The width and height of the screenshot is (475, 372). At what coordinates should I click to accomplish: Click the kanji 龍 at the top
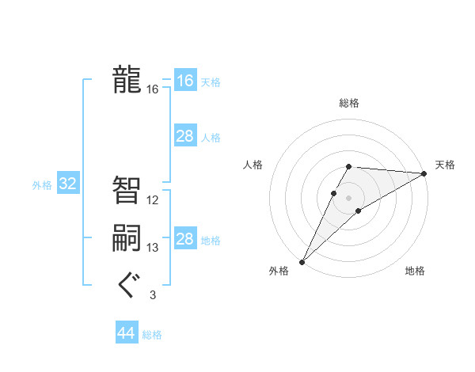coord(127,80)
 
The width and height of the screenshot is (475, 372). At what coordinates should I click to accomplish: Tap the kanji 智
coord(127,190)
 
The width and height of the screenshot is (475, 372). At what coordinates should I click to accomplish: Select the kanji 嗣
coord(127,237)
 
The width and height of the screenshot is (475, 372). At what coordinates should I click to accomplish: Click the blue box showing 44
coord(126,333)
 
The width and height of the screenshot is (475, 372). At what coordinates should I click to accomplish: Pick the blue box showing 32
coord(68,184)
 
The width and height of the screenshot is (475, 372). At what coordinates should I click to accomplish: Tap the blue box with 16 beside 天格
coord(185,81)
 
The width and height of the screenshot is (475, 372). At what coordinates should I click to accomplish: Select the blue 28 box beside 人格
coord(185,136)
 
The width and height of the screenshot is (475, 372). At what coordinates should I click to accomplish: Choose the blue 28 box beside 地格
coord(185,239)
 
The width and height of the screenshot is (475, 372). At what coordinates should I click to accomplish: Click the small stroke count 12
coord(153,200)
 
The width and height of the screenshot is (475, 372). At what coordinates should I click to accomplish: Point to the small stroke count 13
coord(153,248)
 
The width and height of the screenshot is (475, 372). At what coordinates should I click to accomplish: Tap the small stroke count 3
coord(153,295)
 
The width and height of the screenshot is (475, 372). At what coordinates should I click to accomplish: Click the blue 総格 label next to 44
coord(152,335)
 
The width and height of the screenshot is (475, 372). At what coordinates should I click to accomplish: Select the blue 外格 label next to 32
coord(42,185)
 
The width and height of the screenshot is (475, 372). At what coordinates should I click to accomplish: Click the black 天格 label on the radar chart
coord(445,165)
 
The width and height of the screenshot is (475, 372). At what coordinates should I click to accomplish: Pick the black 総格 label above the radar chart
coord(349,103)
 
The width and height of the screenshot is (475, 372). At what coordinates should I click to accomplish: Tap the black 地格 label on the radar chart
coord(415,271)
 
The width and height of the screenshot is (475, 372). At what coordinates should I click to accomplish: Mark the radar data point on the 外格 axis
coord(302,261)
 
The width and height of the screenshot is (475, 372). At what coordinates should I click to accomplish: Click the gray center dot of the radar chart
coord(348,197)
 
